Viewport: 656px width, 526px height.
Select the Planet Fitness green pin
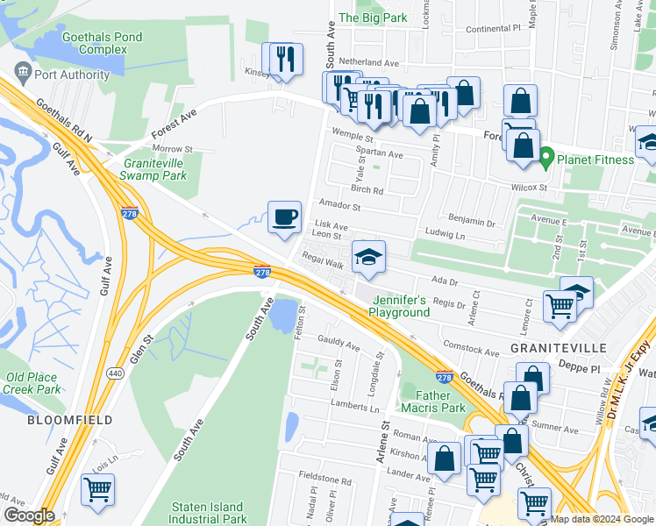[x=547, y=160]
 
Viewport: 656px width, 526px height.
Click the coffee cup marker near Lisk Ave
[x=284, y=217]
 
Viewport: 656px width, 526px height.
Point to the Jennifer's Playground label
[x=399, y=306]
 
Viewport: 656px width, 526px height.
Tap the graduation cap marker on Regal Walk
[x=368, y=256]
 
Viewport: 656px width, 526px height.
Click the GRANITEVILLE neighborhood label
[x=559, y=348]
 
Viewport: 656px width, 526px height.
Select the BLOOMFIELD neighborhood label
[x=57, y=420]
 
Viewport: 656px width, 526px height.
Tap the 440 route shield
[x=115, y=373]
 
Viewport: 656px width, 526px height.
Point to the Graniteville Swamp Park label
[x=155, y=169]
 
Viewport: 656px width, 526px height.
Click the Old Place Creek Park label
[x=32, y=383]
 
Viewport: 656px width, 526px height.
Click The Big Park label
[x=373, y=18]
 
